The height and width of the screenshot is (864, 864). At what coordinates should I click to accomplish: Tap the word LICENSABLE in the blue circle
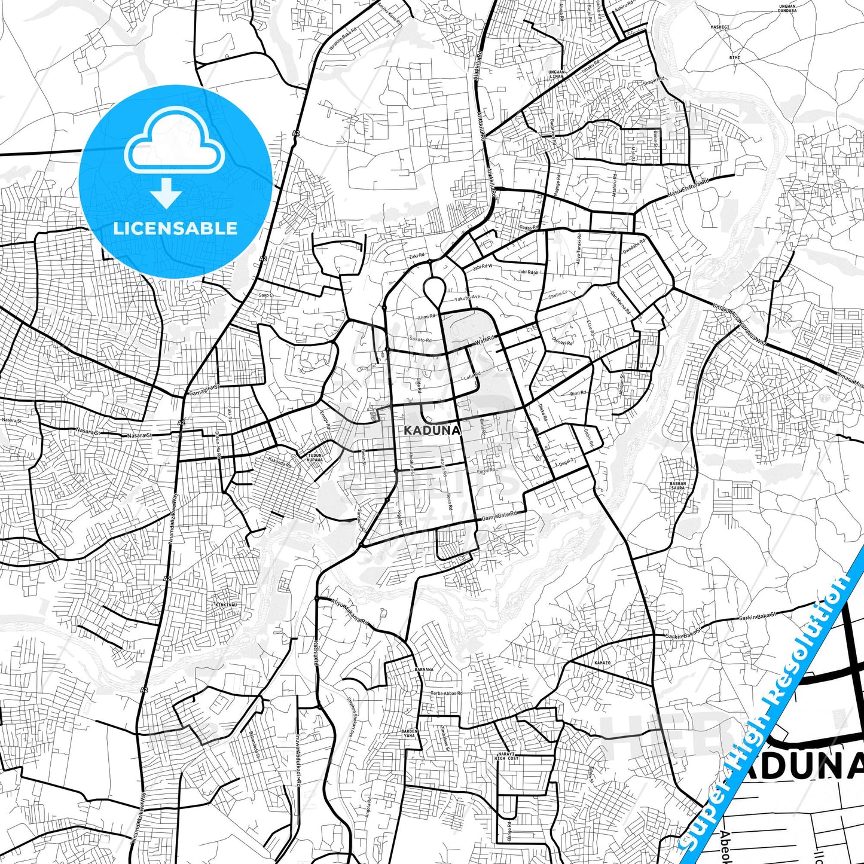(175, 228)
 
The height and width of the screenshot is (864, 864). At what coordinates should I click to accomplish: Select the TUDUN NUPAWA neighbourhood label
(315, 457)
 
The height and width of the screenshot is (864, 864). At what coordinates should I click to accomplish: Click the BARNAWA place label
(423, 669)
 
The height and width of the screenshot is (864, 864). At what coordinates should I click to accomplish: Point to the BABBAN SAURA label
(678, 486)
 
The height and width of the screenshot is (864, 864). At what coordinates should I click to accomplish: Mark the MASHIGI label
(720, 27)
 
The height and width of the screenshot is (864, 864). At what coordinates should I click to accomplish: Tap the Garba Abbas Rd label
(446, 693)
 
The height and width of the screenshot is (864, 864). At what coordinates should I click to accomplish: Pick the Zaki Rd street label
(417, 256)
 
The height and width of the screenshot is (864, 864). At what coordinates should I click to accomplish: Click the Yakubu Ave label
(466, 297)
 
